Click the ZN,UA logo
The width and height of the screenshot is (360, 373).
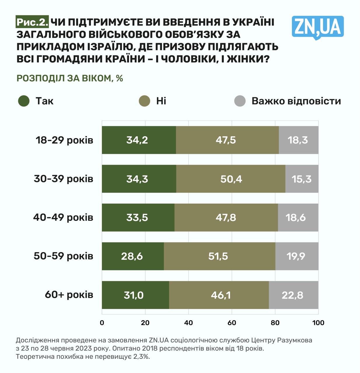coord(317,27)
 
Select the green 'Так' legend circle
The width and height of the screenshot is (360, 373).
coord(24,101)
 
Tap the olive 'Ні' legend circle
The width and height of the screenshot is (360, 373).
coord(144,101)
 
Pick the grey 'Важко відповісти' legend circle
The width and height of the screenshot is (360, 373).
coord(240,101)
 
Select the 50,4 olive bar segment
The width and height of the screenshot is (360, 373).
coord(231,179)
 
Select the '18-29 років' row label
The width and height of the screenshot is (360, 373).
coord(64,140)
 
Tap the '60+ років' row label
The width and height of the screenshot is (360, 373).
coord(69,295)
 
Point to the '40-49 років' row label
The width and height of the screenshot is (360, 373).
coord(63,217)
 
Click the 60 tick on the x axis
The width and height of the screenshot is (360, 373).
coord(232,323)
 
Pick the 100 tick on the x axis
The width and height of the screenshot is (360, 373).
coord(318,323)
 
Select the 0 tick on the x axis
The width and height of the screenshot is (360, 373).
coord(102,323)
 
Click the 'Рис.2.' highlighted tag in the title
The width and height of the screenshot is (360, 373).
coord(32,22)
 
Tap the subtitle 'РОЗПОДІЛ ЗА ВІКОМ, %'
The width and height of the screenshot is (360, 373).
coord(70,78)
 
